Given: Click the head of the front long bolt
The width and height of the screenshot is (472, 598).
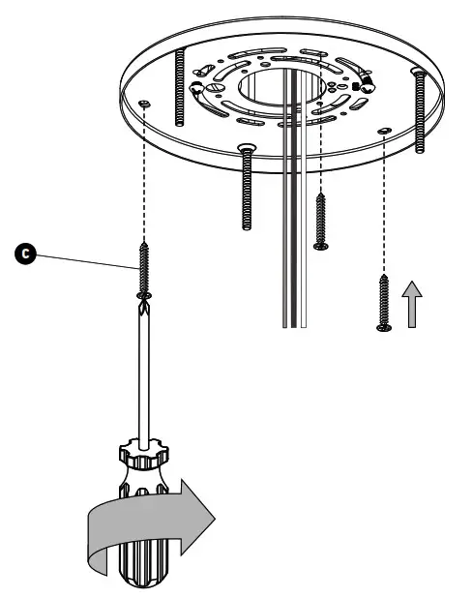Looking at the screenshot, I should [x=246, y=147].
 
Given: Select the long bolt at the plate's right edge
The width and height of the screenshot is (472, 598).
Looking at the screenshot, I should [x=419, y=111].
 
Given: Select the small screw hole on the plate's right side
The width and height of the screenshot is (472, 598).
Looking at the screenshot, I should [x=385, y=128].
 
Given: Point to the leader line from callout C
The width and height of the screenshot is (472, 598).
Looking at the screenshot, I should [x=87, y=259].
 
